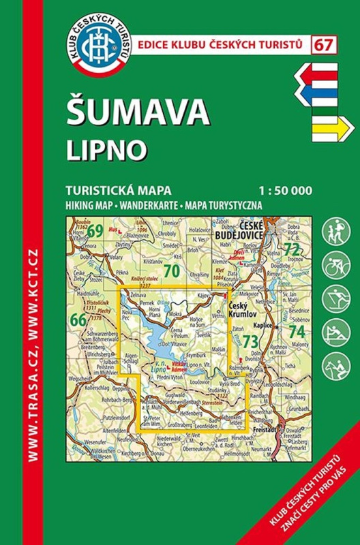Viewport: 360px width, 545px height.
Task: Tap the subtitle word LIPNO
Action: coord(104,151)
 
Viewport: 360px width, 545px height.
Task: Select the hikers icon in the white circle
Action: coord(335,228)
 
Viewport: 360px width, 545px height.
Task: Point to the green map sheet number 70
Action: coord(172,271)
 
